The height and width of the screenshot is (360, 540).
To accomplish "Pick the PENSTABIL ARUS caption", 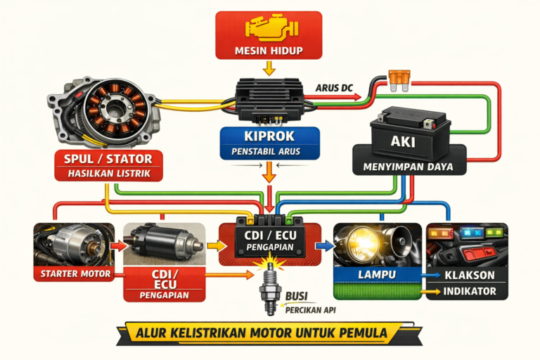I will [x=270, y=152].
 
